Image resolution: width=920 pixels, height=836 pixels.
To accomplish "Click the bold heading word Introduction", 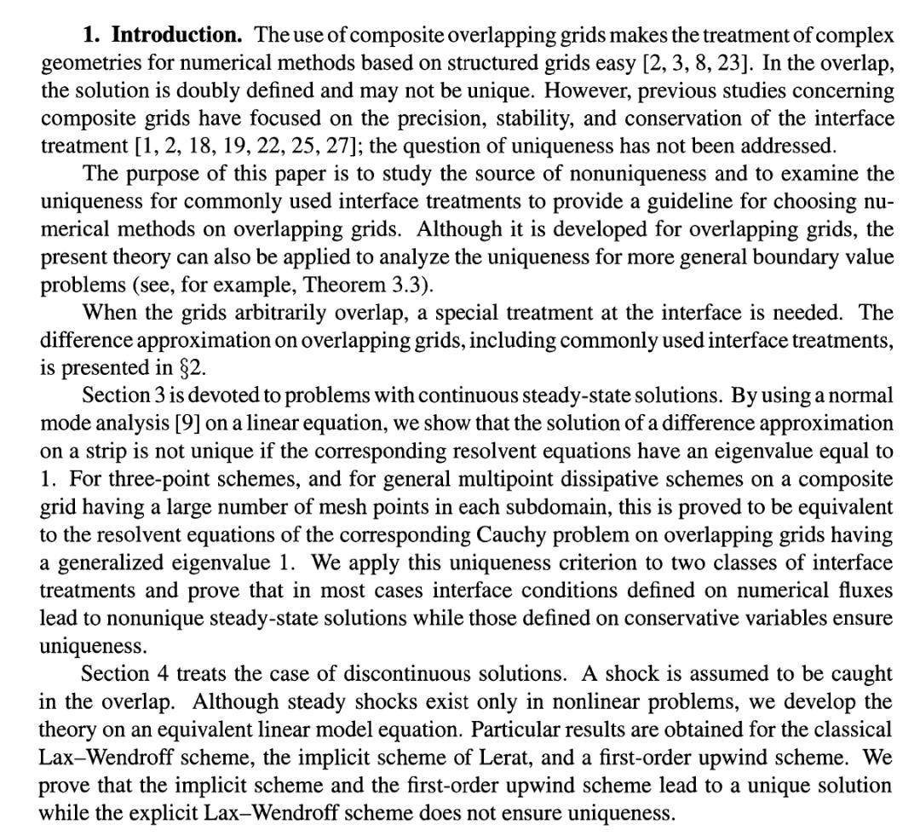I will [x=177, y=36].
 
